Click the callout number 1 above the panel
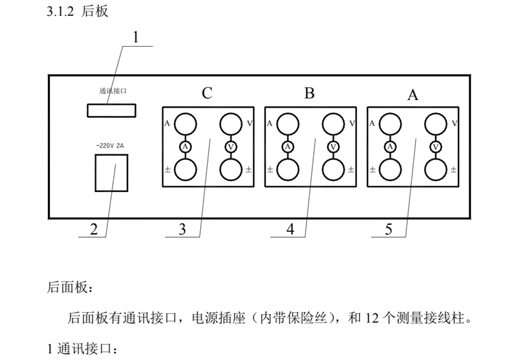(x=135, y=38)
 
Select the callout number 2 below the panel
(x=94, y=229)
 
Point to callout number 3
(x=182, y=230)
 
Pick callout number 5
(x=389, y=230)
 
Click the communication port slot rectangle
(x=111, y=110)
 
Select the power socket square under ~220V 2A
(x=111, y=172)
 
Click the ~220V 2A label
(x=110, y=146)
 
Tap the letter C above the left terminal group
(x=207, y=93)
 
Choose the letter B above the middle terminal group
(x=309, y=93)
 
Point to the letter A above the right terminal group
(x=413, y=95)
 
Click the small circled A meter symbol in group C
(x=184, y=147)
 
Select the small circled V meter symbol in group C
(x=231, y=147)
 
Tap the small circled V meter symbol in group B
(x=334, y=147)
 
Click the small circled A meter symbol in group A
(x=391, y=147)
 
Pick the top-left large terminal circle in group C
(x=184, y=125)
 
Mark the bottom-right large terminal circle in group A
(x=436, y=169)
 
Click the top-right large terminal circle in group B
(x=334, y=125)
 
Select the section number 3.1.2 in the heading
(x=61, y=12)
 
